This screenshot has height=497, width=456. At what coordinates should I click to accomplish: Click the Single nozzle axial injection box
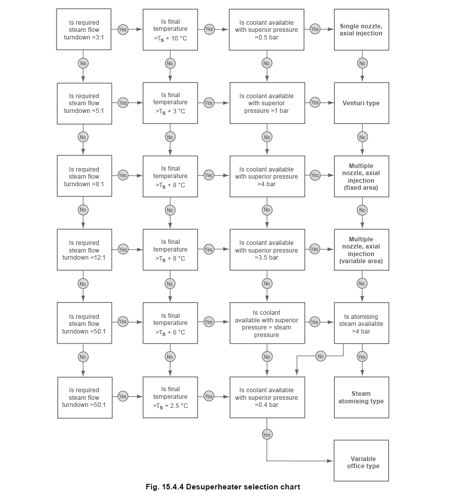361,29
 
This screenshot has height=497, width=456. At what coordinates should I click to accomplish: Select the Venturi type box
361,103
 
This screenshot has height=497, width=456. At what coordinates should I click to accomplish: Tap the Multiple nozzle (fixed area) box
361,176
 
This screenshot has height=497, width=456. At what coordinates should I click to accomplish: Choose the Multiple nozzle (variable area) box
361,249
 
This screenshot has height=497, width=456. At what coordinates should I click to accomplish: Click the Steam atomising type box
361,397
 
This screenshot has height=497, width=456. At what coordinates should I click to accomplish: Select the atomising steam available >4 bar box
361,322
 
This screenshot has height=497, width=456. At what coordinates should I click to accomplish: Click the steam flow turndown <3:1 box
84,29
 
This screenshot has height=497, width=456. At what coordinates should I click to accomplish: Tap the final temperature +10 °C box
170,29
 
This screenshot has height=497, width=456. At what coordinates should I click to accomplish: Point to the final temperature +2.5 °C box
170,397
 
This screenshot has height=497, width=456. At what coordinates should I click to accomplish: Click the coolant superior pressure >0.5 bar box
267,29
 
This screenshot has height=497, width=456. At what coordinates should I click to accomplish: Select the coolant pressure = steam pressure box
267,322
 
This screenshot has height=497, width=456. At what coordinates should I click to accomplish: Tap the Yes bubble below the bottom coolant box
267,434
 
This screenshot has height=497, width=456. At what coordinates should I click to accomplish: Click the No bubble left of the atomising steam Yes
320,356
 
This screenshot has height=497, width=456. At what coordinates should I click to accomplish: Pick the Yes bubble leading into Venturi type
315,102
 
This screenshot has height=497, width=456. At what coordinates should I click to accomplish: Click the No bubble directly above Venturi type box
362,63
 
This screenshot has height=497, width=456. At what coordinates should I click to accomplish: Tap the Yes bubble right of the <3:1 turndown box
123,29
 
